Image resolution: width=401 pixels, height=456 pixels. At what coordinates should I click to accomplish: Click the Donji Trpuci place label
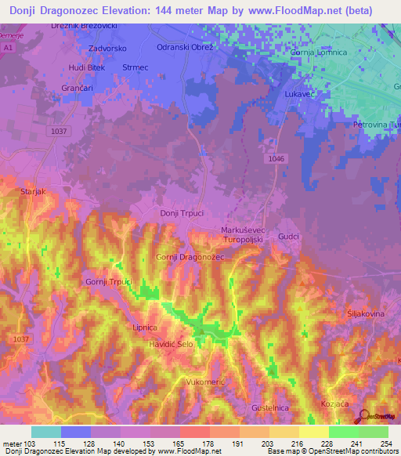tap(181, 213)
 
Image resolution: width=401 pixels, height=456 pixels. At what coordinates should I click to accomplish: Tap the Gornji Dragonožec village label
tap(190, 257)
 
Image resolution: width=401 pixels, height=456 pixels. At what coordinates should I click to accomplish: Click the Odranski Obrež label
tap(186, 49)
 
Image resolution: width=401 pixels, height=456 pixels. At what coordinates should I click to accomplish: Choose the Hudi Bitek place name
tap(87, 68)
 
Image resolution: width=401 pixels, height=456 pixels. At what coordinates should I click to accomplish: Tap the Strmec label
tap(135, 67)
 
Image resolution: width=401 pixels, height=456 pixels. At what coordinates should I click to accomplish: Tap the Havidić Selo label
tap(171, 345)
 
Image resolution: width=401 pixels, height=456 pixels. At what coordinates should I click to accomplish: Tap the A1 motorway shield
tap(8, 48)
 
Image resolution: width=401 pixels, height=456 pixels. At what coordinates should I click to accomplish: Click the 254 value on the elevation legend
tap(385, 444)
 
